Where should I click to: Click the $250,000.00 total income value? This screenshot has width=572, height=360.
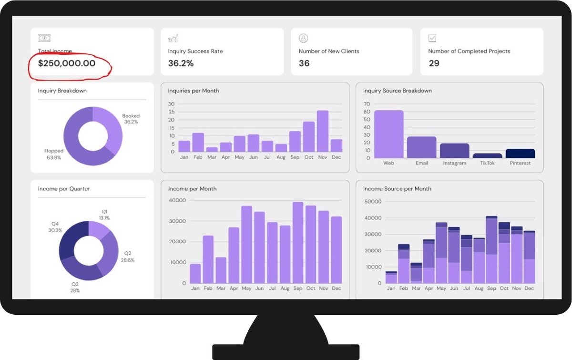pyautogui.click(x=67, y=63)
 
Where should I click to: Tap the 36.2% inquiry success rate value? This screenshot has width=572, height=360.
pyautogui.click(x=181, y=63)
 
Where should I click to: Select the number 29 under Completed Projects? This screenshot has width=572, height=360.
pyautogui.click(x=434, y=63)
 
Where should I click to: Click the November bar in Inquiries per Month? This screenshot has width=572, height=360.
pyautogui.click(x=323, y=131)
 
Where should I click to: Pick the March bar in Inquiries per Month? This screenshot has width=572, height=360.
pyautogui.click(x=212, y=149)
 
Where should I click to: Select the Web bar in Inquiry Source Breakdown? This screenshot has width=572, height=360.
pyautogui.click(x=388, y=134)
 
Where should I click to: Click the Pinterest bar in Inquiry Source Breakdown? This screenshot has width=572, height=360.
pyautogui.click(x=520, y=154)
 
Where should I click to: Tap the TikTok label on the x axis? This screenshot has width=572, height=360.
pyautogui.click(x=487, y=163)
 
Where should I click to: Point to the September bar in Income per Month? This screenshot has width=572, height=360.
pyautogui.click(x=298, y=243)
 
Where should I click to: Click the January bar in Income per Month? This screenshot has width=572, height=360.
pyautogui.click(x=195, y=274)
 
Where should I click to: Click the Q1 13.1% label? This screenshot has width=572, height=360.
pyautogui.click(x=105, y=215)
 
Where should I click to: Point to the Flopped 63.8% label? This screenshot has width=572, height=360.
pyautogui.click(x=53, y=154)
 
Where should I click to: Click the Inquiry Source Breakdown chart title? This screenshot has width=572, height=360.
pyautogui.click(x=397, y=91)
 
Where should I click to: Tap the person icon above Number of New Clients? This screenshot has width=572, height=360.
pyautogui.click(x=303, y=38)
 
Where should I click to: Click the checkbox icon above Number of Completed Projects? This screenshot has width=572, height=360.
pyautogui.click(x=432, y=38)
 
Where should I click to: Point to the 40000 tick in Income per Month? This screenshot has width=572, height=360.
pyautogui.click(x=177, y=200)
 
